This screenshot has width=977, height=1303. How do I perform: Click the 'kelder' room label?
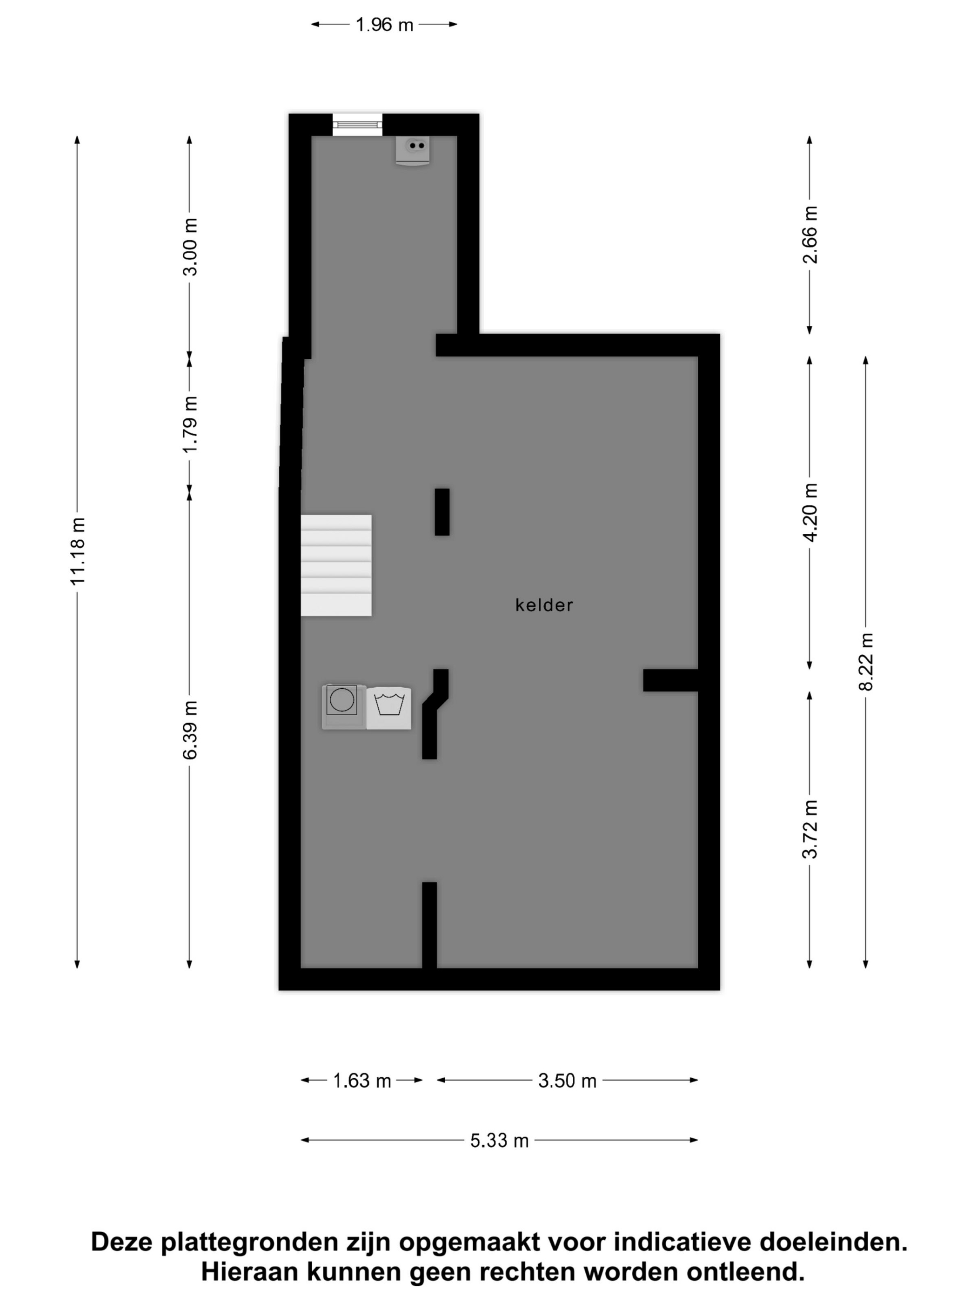[543, 605]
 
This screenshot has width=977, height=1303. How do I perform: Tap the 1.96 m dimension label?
[384, 25]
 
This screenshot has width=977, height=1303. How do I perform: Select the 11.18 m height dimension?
[78, 551]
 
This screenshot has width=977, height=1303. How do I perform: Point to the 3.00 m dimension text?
[190, 247]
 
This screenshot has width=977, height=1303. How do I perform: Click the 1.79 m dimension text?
[190, 424]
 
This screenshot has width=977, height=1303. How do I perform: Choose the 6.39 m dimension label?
[190, 731]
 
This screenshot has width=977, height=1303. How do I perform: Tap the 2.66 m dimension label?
[810, 235]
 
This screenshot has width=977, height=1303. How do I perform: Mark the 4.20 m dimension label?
[810, 512]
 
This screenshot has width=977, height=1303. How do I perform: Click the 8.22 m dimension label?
[866, 662]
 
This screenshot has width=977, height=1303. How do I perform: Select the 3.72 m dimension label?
[810, 829]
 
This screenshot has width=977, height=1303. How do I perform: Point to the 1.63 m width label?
[362, 1081]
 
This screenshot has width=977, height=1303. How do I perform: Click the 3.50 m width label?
[567, 1081]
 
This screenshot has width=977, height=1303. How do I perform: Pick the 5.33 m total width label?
[499, 1141]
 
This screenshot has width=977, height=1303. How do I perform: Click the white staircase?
[336, 565]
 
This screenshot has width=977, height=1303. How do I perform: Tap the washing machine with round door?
[343, 707]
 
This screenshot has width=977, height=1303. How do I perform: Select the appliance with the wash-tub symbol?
[388, 708]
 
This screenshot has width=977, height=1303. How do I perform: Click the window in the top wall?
[357, 124]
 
